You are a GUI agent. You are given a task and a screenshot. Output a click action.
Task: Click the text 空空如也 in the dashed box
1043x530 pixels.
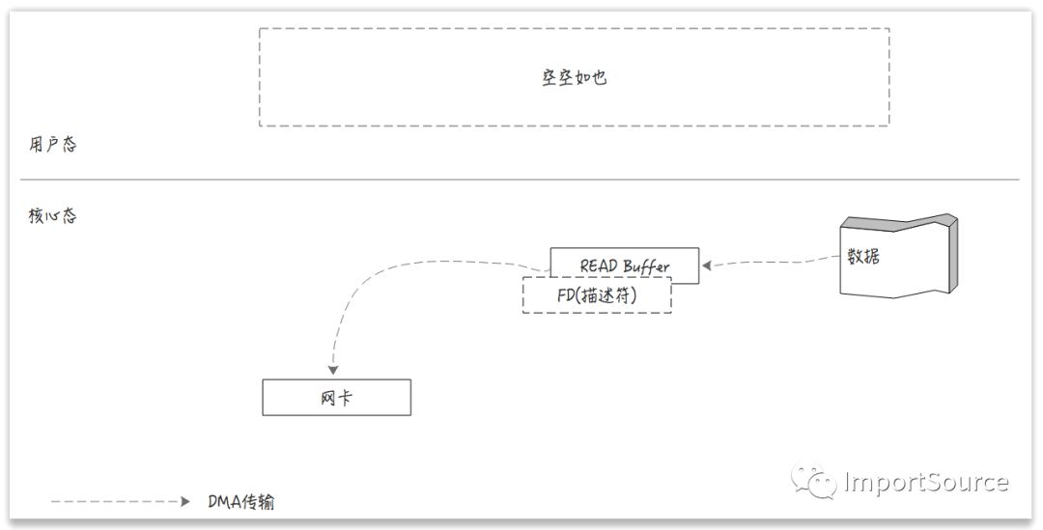pyautogui.click(x=574, y=77)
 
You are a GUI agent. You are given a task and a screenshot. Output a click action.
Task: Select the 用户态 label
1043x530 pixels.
pyautogui.click(x=52, y=146)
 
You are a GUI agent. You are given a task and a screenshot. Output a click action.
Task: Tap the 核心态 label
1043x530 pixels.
pyautogui.click(x=52, y=216)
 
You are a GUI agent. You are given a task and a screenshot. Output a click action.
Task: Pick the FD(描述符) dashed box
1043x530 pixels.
pyautogui.click(x=597, y=296)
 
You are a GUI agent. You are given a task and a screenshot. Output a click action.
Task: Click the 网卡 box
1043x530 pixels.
pyautogui.click(x=336, y=397)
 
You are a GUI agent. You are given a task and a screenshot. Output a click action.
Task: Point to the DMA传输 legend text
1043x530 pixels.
pyautogui.click(x=241, y=502)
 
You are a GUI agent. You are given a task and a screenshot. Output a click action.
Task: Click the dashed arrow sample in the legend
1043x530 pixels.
pyautogui.click(x=116, y=502)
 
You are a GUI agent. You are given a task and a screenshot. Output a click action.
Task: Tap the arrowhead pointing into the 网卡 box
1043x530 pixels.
pyautogui.click(x=333, y=371)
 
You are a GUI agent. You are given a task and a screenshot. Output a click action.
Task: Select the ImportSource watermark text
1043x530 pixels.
pyautogui.click(x=925, y=482)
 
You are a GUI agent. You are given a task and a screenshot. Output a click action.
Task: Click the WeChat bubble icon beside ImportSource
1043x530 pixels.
pyautogui.click(x=812, y=481)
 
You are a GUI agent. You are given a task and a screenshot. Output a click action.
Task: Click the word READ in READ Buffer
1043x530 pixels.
pyautogui.click(x=599, y=265)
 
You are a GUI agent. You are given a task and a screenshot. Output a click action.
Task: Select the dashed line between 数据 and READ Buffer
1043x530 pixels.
pyautogui.click(x=773, y=261)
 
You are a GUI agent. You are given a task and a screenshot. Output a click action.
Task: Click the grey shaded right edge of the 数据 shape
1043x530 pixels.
pyautogui.click(x=956, y=256)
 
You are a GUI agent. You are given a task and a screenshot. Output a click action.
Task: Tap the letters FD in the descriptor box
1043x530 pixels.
pyautogui.click(x=566, y=296)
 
